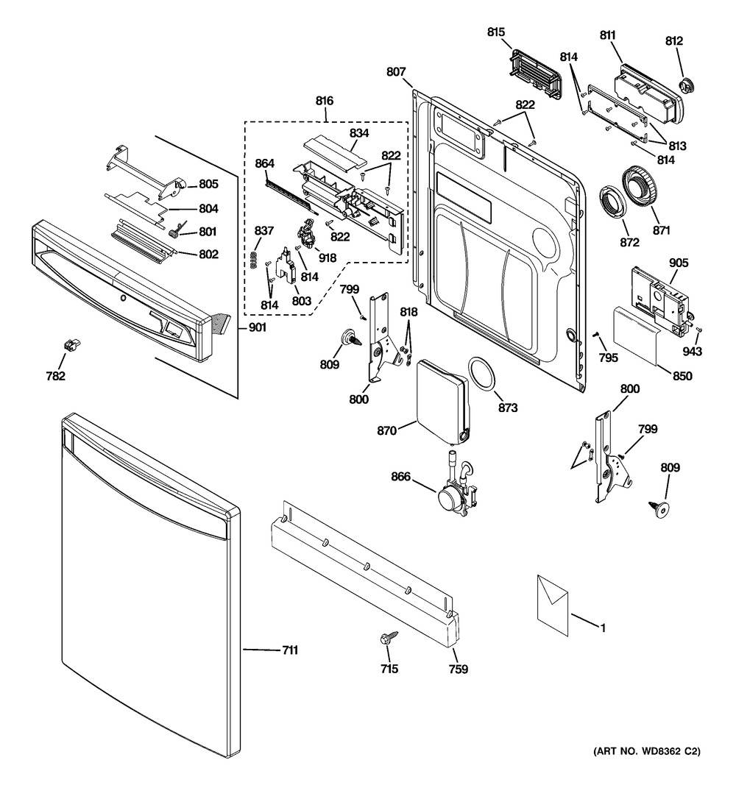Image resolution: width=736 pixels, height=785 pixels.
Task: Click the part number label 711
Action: point(289,650)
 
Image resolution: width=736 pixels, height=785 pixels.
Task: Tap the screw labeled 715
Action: point(388,639)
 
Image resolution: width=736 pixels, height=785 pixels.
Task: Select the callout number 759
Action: point(458,669)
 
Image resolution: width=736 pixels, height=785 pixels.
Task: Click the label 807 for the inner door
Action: point(395,71)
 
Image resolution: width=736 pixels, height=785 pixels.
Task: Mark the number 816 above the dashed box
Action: point(325,100)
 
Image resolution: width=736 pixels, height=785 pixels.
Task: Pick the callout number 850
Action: point(682,376)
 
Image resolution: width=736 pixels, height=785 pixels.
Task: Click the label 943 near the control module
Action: point(691,352)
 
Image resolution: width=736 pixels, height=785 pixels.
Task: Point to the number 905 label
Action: point(678,262)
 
